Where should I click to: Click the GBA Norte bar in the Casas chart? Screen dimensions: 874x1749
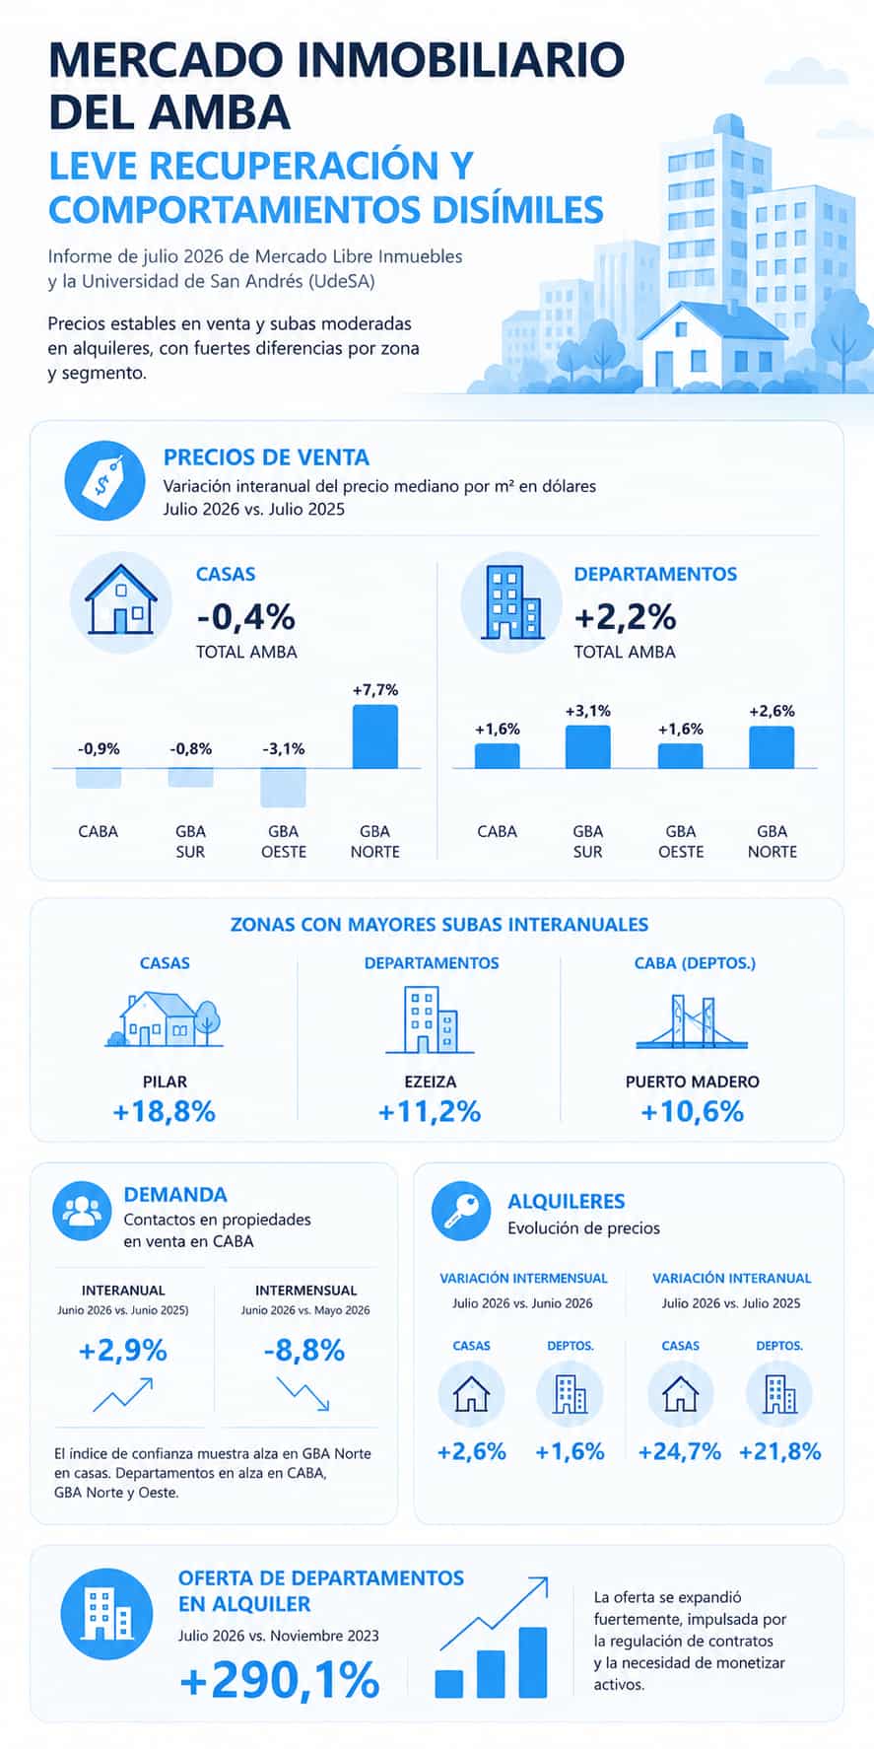pyautogui.click(x=375, y=736)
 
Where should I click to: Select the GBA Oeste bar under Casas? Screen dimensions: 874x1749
pyautogui.click(x=284, y=788)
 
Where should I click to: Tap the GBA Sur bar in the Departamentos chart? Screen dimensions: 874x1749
pyautogui.click(x=588, y=747)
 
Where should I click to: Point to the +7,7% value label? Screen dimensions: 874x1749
pyautogui.click(x=375, y=690)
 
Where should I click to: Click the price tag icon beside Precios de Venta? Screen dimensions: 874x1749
pyautogui.click(x=103, y=480)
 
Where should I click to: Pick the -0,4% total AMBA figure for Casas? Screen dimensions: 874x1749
pyautogui.click(x=246, y=617)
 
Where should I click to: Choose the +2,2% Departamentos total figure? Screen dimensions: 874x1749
pyautogui.click(x=626, y=617)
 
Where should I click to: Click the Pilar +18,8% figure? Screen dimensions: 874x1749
pyautogui.click(x=165, y=1112)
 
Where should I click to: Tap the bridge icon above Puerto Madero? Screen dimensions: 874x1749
pyautogui.click(x=692, y=1022)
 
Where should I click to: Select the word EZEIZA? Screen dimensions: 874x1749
pyautogui.click(x=431, y=1082)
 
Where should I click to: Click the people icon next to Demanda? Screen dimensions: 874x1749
pyautogui.click(x=82, y=1210)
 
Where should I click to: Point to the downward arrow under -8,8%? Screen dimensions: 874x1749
pyautogui.click(x=303, y=1394)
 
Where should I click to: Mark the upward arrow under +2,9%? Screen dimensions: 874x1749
pyautogui.click(x=123, y=1394)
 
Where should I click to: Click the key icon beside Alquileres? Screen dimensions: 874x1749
pyautogui.click(x=461, y=1211)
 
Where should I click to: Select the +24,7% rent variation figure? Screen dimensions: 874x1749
pyautogui.click(x=680, y=1451)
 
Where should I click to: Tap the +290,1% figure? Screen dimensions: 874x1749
pyautogui.click(x=280, y=1680)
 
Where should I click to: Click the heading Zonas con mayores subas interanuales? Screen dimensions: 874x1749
pyautogui.click(x=439, y=925)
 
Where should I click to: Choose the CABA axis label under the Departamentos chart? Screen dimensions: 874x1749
pyautogui.click(x=498, y=831)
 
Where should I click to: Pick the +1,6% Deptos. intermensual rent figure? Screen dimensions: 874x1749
pyautogui.click(x=570, y=1451)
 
